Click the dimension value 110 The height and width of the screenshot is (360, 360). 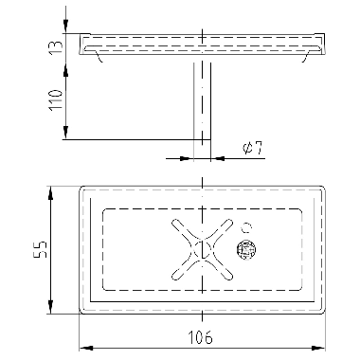coord(56,99)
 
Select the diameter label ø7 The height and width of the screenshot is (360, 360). coord(253,148)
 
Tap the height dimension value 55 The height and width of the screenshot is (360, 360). coord(40,250)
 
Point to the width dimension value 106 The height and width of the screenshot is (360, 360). coord(201,337)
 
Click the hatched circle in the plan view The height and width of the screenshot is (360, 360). coord(245,250)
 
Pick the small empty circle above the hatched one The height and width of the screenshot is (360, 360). coord(246,227)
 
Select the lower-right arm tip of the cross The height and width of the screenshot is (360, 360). coord(228,277)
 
